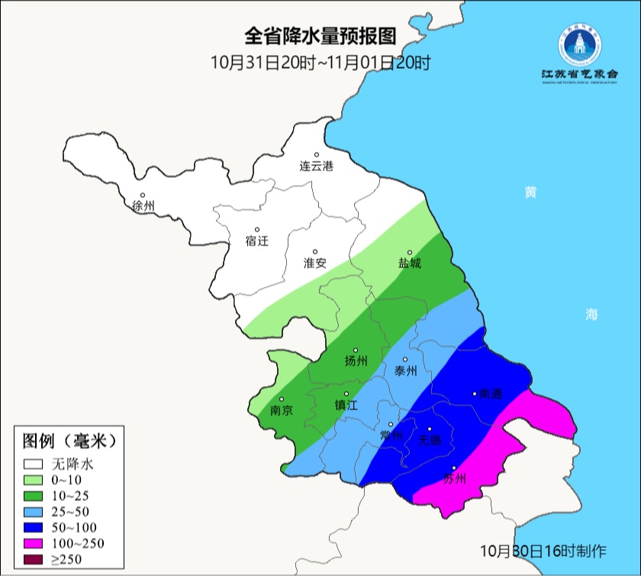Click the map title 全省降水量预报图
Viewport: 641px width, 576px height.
pyautogui.click(x=321, y=36)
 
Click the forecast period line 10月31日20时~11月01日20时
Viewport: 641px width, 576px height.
pyautogui.click(x=321, y=63)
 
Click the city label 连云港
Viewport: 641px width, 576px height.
pyautogui.click(x=316, y=166)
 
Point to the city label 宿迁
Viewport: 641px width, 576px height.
pyautogui.click(x=257, y=241)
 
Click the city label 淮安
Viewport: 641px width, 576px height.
pyautogui.click(x=315, y=263)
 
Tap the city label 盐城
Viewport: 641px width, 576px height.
pyautogui.click(x=409, y=263)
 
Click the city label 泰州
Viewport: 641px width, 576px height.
pyautogui.click(x=405, y=371)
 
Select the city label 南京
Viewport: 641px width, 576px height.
pyautogui.click(x=282, y=409)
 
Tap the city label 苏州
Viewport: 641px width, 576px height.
pyautogui.click(x=454, y=479)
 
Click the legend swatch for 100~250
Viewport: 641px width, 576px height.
pyautogui.click(x=34, y=544)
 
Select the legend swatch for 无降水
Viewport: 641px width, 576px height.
pyautogui.click(x=34, y=464)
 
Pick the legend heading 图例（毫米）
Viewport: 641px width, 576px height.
pyautogui.click(x=69, y=441)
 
